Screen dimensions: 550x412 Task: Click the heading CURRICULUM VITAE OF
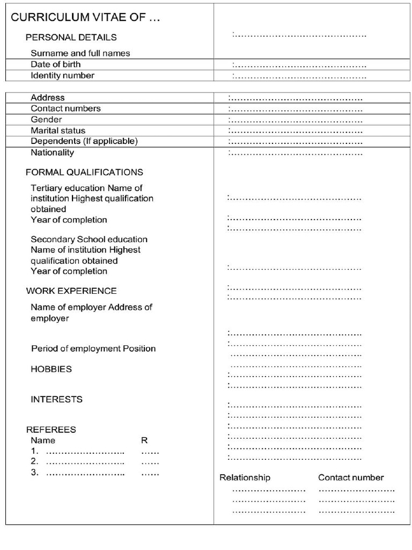85,18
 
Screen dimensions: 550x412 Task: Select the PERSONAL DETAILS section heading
71,38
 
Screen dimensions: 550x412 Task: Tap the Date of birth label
56,64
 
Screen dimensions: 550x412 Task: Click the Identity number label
62,76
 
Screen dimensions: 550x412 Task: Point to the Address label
47,98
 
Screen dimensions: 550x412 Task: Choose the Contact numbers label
65,108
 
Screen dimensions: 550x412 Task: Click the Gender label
46,120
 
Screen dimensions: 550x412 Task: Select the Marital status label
58,131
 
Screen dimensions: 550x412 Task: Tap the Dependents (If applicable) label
84,141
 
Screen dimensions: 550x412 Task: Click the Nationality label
52,153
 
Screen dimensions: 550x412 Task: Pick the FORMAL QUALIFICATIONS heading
84,172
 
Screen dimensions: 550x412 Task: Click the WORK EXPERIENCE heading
71,291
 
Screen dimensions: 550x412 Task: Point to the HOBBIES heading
51,370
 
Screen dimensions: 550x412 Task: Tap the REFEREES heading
51,430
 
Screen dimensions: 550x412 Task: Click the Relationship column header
245,477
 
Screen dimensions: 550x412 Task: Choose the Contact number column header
351,477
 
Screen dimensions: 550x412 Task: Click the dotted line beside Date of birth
299,66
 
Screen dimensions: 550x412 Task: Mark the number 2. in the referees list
34,461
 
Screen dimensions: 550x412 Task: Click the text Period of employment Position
93,349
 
